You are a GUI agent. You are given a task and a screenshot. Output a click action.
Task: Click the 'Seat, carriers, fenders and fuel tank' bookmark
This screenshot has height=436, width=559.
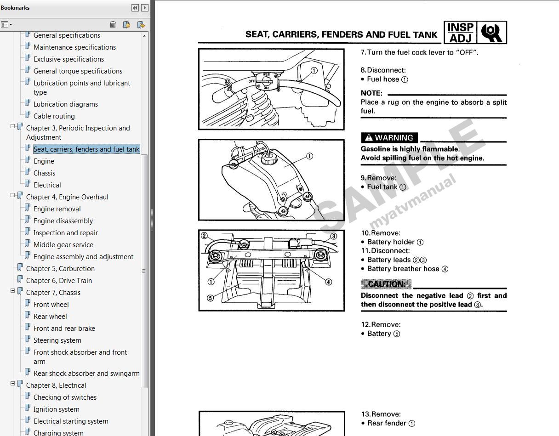point(86,149)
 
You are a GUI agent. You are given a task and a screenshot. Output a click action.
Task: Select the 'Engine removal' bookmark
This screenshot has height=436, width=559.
point(57,209)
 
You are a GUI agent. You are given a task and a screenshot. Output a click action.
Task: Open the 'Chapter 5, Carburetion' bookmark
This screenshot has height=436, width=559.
point(60,269)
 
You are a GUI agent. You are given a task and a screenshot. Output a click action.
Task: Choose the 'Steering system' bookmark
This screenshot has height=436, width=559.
point(57,340)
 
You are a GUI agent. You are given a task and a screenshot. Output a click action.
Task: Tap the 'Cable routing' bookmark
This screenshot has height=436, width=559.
point(54,116)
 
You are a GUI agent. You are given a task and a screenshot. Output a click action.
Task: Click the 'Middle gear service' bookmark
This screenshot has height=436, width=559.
point(63,245)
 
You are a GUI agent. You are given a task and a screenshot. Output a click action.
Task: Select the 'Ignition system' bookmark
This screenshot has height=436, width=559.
point(56,409)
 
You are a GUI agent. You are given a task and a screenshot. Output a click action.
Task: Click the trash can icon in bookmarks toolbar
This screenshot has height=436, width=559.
point(113,25)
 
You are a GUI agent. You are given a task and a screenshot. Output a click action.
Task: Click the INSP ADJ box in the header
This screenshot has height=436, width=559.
point(460,33)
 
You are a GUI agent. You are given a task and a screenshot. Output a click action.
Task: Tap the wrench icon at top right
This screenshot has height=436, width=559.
point(492,33)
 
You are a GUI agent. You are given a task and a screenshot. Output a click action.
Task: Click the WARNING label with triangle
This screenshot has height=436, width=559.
point(389,138)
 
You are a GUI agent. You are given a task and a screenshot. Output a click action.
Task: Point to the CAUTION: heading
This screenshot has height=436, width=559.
point(386,284)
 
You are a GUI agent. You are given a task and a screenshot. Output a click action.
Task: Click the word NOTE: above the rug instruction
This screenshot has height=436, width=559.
point(371,93)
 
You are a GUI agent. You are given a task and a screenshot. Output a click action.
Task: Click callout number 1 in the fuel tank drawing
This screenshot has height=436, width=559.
point(309,156)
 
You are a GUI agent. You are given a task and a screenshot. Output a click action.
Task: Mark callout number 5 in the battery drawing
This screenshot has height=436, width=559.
point(210,298)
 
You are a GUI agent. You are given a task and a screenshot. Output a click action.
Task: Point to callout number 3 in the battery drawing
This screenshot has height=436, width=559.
point(334,237)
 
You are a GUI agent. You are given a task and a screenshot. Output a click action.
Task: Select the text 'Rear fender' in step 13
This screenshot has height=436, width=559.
point(387,423)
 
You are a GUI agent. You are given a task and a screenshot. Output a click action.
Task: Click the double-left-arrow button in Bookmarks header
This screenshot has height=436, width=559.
point(135,8)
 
